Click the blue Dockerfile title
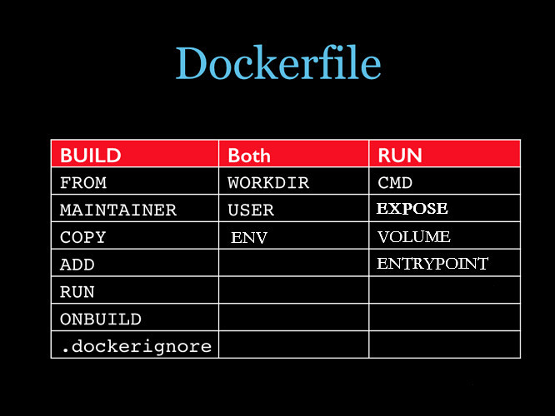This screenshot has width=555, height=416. tap(278, 62)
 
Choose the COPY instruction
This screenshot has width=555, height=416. tap(82, 237)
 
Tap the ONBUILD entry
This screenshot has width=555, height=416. tap(101, 319)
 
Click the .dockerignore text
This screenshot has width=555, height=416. tap(137, 346)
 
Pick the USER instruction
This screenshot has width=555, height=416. tap(251, 210)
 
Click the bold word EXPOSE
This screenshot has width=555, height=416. tap(412, 209)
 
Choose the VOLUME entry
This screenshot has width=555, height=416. tap(414, 236)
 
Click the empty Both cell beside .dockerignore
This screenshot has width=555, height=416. tap(294, 344)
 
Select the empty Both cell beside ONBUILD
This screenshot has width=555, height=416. tap(294, 317)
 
